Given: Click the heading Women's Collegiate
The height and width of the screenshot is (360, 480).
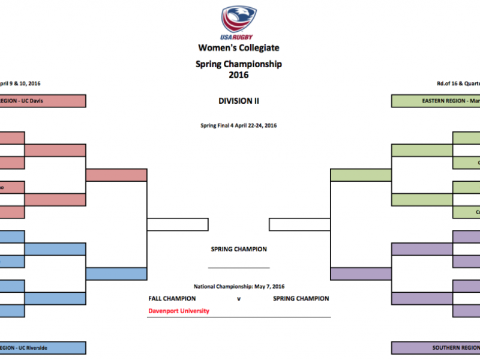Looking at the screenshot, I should coord(239,48).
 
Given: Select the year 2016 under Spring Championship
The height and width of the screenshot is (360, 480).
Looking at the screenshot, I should coord(239,75).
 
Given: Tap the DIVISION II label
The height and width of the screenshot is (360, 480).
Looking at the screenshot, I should coord(239,101).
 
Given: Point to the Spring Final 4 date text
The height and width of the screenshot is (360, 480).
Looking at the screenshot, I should coord(239,125).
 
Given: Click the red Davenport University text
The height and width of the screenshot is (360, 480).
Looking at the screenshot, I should coord(178,311).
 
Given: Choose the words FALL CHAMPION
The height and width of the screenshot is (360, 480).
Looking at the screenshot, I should coord(172,298).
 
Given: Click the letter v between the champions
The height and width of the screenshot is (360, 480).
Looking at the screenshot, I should coord(239,298).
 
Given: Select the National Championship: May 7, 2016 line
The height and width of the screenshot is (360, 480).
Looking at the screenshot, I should coord(239,286).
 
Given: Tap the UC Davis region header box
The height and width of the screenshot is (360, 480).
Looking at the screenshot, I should coord(43,101).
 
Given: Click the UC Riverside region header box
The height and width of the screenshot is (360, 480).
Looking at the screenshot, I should coord(43,347).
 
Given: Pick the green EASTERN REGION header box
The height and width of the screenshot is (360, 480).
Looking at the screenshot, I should coord(435,101).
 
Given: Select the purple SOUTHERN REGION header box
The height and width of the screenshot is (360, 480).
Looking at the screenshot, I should coord(435,347).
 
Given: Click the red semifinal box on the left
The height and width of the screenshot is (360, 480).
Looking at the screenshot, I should coord(116,175).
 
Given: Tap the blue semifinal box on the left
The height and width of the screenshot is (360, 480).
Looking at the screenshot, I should coord(116,274).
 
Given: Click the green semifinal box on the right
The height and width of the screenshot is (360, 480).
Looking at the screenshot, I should coord(361,175).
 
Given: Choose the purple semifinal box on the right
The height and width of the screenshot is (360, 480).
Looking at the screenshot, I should coord(361,274).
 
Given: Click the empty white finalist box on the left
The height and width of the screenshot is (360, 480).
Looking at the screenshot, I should coord(178,224).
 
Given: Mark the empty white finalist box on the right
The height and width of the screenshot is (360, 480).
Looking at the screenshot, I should coord(299,224).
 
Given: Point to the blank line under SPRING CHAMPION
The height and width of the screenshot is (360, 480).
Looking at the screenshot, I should coord(239,267).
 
